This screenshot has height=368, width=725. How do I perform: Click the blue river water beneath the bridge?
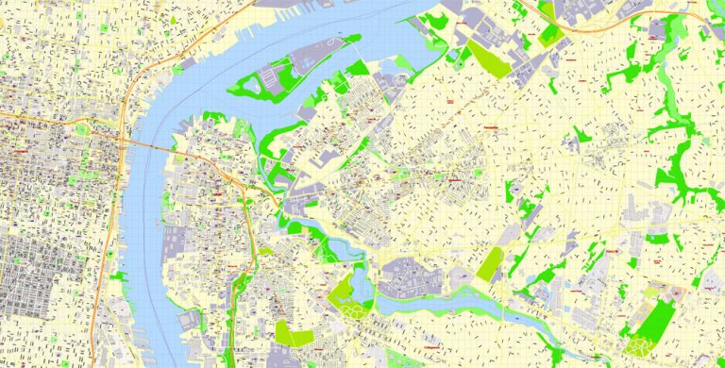tap(142, 165)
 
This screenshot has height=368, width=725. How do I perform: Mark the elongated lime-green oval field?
tap(490, 264)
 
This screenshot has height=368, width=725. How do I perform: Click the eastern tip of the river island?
tap(357, 39)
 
